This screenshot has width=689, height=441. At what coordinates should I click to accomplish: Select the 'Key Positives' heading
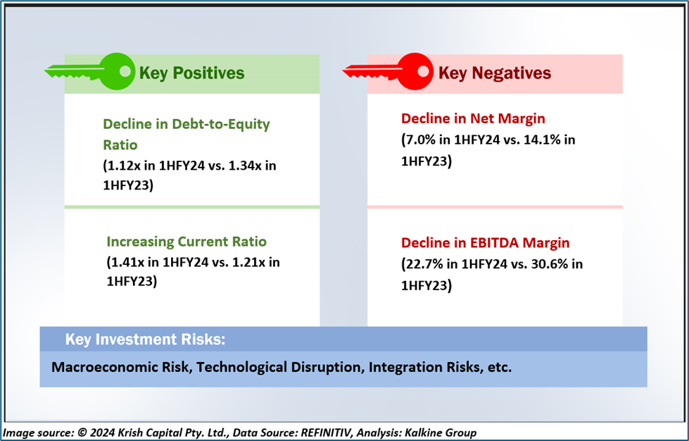(x=191, y=73)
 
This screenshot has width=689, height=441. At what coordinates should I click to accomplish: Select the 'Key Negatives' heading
(x=494, y=73)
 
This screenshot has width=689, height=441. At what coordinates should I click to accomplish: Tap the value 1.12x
(x=125, y=166)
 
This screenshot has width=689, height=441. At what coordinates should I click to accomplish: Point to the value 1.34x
(x=245, y=166)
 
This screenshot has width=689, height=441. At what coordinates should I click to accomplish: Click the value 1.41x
(x=128, y=262)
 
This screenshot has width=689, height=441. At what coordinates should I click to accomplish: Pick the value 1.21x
(x=248, y=262)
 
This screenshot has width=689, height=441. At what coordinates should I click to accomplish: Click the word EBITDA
(x=495, y=243)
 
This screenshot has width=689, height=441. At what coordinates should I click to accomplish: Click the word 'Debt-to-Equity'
(x=221, y=125)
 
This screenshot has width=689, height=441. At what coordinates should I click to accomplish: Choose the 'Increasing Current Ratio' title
(x=187, y=242)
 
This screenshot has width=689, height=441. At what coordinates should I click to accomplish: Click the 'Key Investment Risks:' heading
(x=146, y=340)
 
